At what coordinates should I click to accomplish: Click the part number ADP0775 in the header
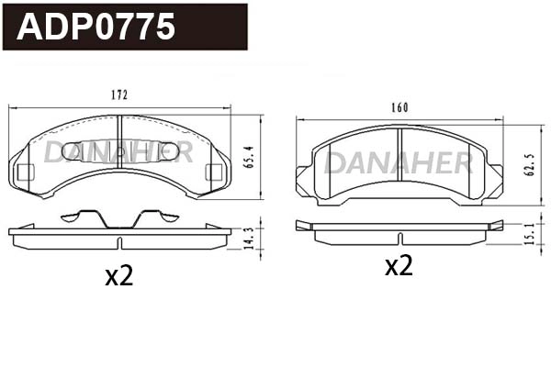[96, 27]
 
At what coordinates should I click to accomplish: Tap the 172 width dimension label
[119, 95]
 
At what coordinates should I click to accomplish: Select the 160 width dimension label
[399, 107]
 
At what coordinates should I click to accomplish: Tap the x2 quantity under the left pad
[118, 275]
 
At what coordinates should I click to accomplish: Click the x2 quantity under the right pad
[398, 266]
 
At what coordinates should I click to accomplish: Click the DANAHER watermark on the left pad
[119, 151]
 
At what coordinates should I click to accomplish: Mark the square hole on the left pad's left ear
[26, 171]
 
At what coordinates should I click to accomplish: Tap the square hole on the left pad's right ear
[215, 171]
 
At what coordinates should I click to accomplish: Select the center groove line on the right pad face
[399, 183]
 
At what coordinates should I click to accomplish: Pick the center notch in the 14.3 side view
[120, 241]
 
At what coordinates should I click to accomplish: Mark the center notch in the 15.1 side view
[399, 238]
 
